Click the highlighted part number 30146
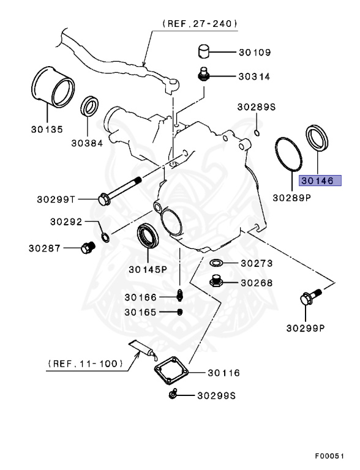coord(316,181)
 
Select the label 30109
coord(254,53)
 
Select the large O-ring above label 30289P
coord(288,157)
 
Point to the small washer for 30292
coord(105,236)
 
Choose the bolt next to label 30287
coord(87,248)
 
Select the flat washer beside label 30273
coord(217,264)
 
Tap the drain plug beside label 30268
coord(216,282)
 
